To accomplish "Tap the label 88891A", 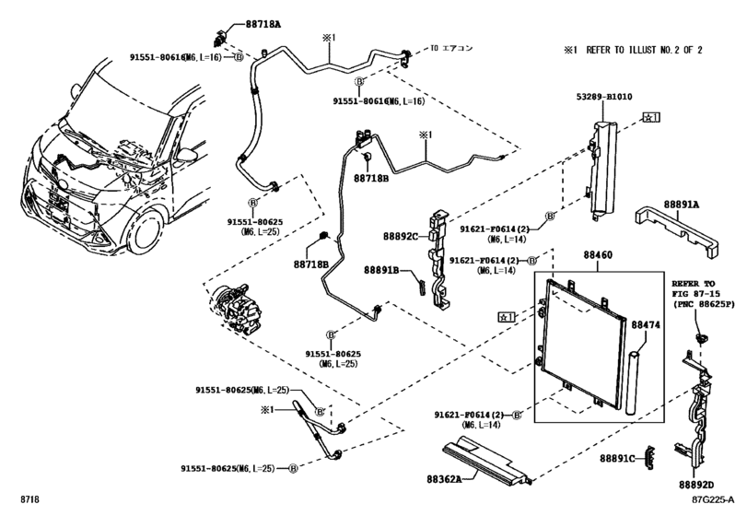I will (680, 205).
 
